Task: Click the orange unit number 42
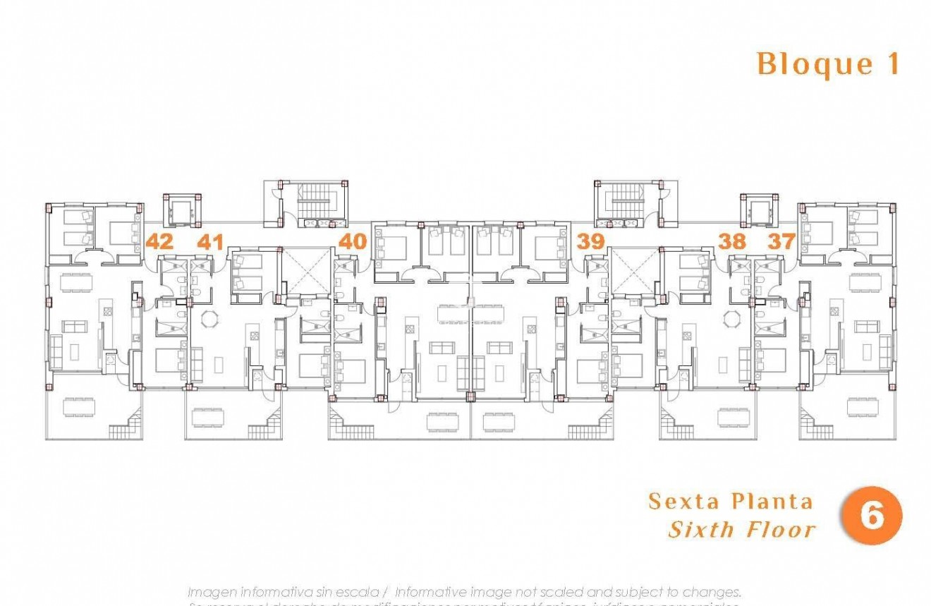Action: click(x=159, y=241)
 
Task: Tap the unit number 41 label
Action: click(x=209, y=242)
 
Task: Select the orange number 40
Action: click(x=353, y=241)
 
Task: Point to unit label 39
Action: click(x=591, y=241)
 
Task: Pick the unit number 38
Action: click(x=731, y=241)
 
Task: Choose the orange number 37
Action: click(x=781, y=241)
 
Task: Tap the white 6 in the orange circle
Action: click(x=872, y=516)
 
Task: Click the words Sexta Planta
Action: click(x=730, y=502)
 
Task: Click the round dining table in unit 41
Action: click(x=209, y=320)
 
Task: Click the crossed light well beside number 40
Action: click(x=305, y=271)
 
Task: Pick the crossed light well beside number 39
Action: click(x=633, y=271)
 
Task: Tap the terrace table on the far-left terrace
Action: click(x=78, y=407)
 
